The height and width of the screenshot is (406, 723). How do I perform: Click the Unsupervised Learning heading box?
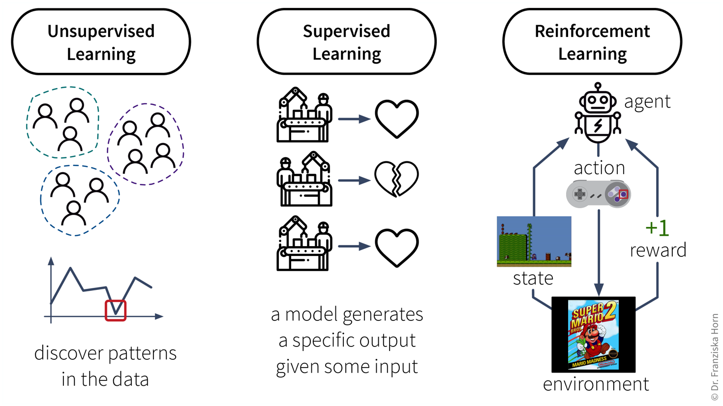click(101, 42)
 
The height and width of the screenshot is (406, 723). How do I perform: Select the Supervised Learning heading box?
click(346, 42)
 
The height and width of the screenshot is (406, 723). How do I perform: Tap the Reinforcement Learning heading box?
click(592, 42)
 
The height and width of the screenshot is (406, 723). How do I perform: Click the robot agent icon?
click(598, 113)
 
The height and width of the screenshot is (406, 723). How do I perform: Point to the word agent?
click(647, 101)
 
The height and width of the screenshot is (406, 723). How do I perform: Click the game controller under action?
click(598, 194)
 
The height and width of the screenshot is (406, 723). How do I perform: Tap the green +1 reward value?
click(657, 228)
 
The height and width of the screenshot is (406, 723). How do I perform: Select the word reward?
click(658, 250)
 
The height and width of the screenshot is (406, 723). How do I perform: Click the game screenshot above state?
click(534, 241)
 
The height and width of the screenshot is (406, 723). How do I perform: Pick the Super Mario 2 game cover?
click(593, 335)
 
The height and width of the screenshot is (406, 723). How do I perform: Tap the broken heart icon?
click(396, 179)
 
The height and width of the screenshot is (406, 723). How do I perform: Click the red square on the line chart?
click(116, 311)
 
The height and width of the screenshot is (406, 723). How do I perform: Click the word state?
click(533, 279)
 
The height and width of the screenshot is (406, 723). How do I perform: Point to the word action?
click(599, 168)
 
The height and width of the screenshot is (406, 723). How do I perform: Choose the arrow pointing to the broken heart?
click(354, 181)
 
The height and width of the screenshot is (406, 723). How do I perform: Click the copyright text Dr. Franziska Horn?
click(715, 357)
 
